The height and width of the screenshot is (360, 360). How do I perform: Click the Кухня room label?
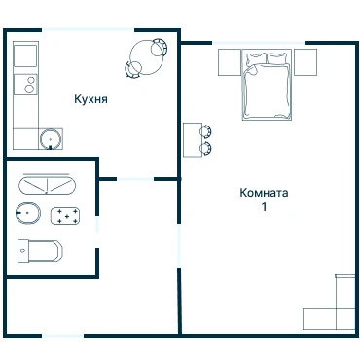[x=90, y=99]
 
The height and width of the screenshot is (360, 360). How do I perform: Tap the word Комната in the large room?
[x=264, y=193]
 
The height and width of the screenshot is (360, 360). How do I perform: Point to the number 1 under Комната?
[x=265, y=206]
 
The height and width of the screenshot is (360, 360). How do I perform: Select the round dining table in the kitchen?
[x=146, y=57]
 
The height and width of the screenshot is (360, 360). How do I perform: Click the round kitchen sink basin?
[x=51, y=139]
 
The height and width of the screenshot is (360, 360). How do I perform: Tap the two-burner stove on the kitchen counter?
[x=25, y=85]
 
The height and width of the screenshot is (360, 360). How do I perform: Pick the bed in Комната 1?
[x=267, y=85]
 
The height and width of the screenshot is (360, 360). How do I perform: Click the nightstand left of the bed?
[x=230, y=62]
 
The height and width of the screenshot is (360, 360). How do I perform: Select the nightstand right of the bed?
[x=306, y=62]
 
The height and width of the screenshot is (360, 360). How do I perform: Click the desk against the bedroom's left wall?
[x=193, y=140]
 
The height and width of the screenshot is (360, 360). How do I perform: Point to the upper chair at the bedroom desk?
[x=205, y=131]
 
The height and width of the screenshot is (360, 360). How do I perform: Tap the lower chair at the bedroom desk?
[x=205, y=148]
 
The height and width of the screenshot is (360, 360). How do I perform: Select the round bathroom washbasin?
[x=28, y=213]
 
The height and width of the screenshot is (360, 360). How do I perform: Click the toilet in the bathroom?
[x=40, y=251]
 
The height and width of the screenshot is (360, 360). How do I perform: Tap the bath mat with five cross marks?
[x=65, y=216]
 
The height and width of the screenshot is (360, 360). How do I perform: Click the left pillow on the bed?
[x=256, y=58]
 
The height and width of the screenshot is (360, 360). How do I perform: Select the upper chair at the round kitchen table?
[x=159, y=47]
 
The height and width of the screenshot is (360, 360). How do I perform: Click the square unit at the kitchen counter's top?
[x=25, y=55]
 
